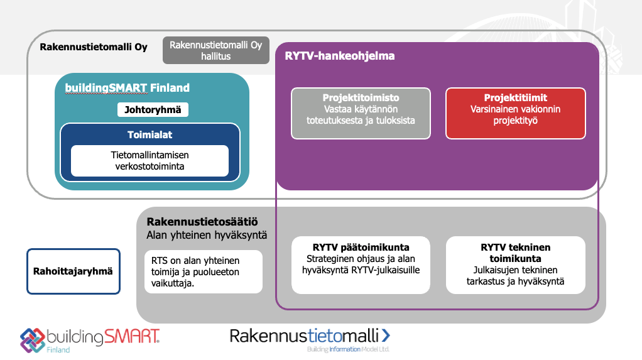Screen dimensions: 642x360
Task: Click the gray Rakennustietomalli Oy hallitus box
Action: point(215,50)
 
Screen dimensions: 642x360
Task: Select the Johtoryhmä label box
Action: point(153,110)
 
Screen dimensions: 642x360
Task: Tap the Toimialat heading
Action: point(150,134)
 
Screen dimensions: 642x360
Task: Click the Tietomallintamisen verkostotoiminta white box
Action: point(150,161)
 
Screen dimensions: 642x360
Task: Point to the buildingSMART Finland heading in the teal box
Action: point(128,88)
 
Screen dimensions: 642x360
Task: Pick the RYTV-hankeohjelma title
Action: point(340,56)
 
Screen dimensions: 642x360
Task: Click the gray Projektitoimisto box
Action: point(361,114)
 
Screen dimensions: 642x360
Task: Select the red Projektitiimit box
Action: point(516,114)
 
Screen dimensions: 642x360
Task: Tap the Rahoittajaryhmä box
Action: point(73,271)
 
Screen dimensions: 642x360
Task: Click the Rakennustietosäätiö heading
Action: point(202,222)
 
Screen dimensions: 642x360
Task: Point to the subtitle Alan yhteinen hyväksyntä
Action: point(207,235)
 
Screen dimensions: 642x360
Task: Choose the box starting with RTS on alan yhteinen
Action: point(204,272)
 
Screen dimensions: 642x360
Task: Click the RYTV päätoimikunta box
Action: point(361,265)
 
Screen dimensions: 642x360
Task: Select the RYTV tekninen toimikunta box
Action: point(516,265)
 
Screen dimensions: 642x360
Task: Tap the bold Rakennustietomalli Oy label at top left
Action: point(94,47)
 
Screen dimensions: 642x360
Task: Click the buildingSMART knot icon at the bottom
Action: point(33,340)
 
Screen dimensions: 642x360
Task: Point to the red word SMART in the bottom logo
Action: point(131,336)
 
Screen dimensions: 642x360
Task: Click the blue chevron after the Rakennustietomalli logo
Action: point(386,335)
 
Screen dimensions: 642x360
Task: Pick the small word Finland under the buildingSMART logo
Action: point(58,350)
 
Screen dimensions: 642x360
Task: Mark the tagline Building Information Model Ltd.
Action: point(348,349)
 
